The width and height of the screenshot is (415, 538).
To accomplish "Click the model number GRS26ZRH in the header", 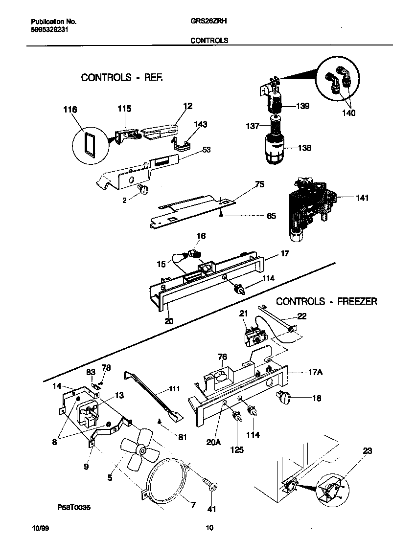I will [208, 22].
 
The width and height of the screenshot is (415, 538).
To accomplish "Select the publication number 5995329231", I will [49, 29].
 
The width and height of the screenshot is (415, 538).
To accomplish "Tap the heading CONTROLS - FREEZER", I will [326, 301].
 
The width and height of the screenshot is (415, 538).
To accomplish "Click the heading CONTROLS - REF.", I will [121, 77].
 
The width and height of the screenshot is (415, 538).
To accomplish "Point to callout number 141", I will [362, 198].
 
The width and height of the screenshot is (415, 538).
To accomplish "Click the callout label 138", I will [305, 148].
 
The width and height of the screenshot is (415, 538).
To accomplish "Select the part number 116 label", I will [70, 111].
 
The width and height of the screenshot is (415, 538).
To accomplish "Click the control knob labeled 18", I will [283, 398].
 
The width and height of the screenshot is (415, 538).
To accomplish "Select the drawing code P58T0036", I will [69, 508].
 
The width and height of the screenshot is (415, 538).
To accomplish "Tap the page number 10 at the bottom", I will [209, 528].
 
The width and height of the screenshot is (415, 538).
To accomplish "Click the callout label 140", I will [348, 113].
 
